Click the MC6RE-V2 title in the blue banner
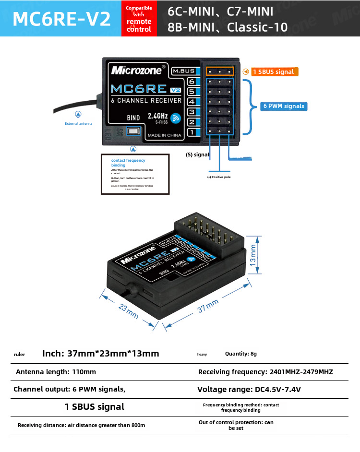(x=61, y=19)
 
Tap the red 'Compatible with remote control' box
(x=139, y=19)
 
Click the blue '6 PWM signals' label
(x=284, y=106)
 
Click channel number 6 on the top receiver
(x=191, y=82)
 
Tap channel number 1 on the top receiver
(x=191, y=132)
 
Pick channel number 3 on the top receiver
(x=191, y=112)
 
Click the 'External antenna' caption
(x=78, y=124)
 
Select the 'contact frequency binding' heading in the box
(x=128, y=163)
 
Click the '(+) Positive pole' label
(x=219, y=177)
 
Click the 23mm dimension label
(x=129, y=311)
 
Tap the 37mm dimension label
(x=208, y=306)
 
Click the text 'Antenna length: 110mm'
(x=56, y=372)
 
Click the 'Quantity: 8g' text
(x=241, y=354)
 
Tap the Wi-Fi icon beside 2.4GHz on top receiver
(x=176, y=118)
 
